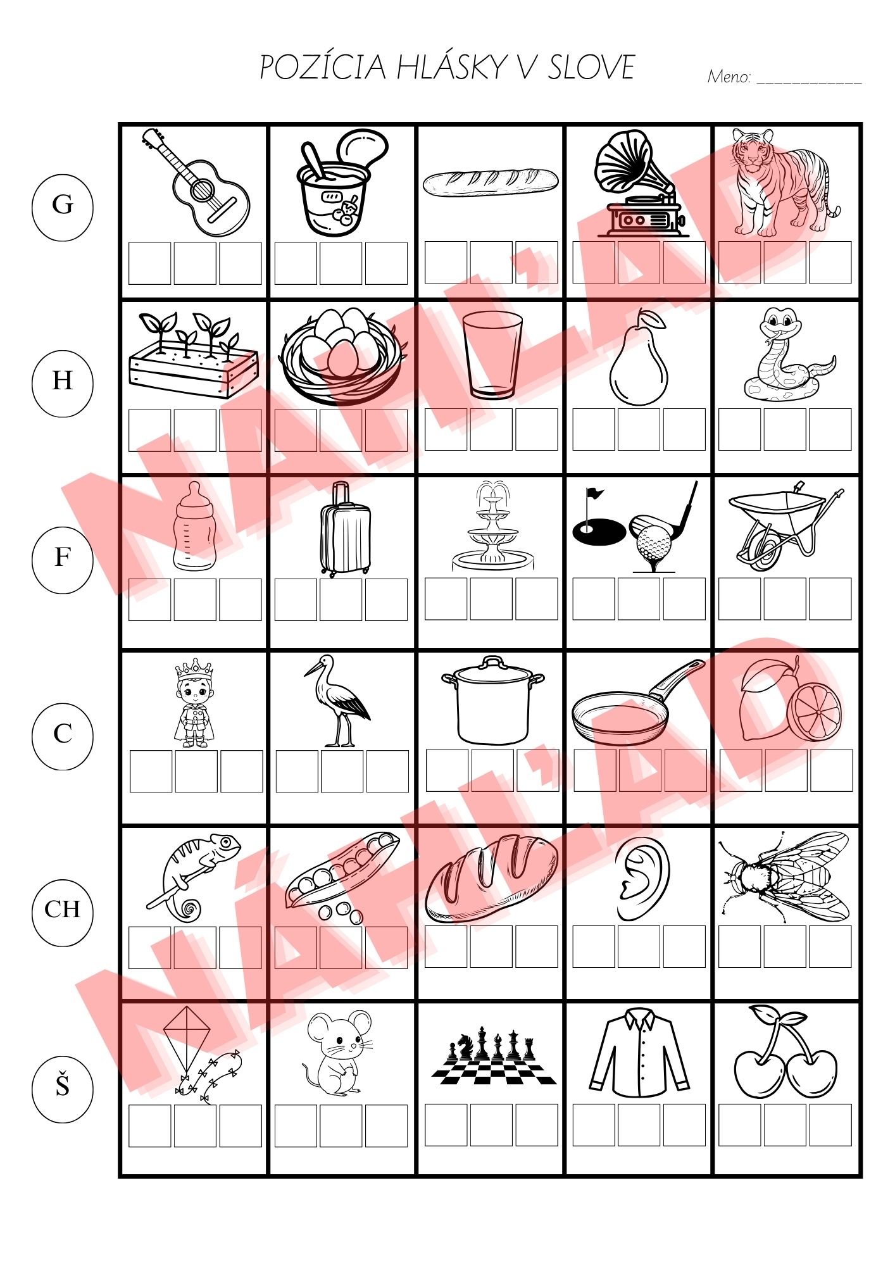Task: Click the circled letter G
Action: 62,205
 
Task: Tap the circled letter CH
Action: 62,910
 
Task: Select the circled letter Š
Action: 62,1086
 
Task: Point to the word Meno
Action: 729,77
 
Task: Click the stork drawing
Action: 337,701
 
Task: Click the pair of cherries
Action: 785,1051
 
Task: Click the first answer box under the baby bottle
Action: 150,599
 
